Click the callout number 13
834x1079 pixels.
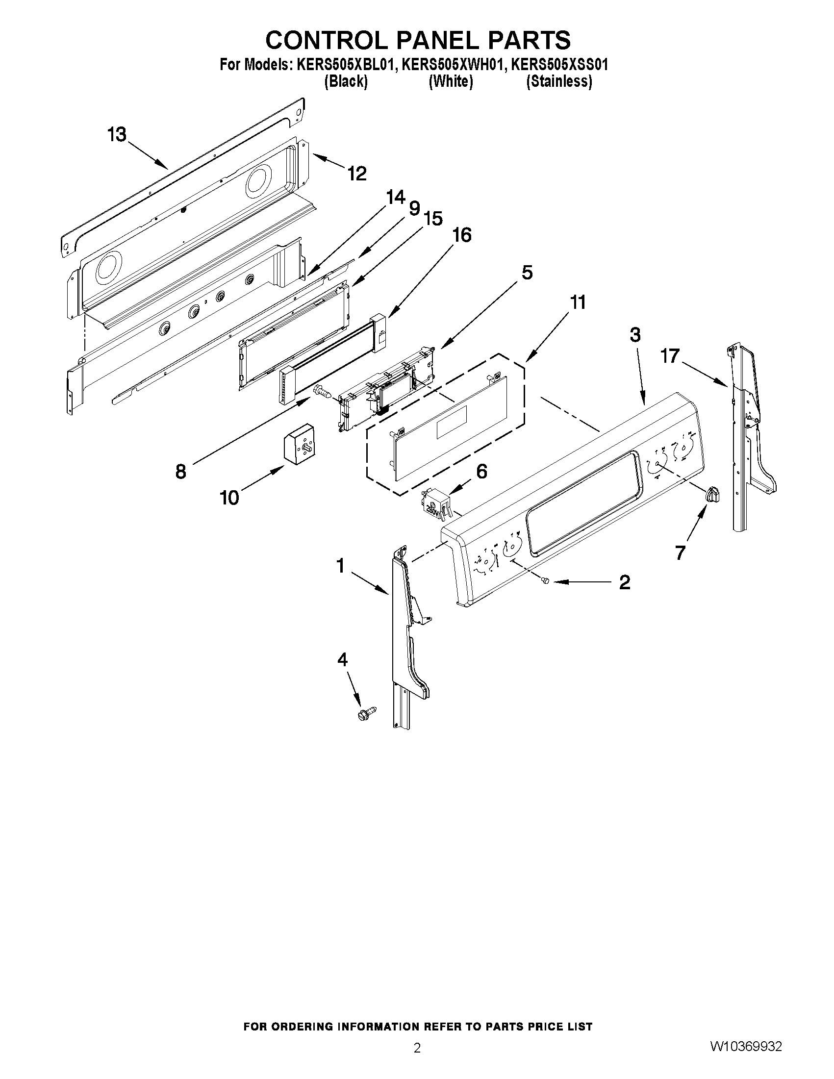(x=117, y=134)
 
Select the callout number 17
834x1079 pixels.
(x=670, y=356)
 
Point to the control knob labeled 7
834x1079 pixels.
(x=712, y=494)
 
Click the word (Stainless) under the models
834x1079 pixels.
(x=559, y=81)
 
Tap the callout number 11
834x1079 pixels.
(x=578, y=301)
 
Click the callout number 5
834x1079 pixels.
(x=527, y=272)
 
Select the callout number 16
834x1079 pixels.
(x=461, y=235)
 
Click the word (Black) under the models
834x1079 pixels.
(x=345, y=81)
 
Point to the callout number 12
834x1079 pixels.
(x=357, y=174)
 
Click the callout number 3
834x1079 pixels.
(x=635, y=335)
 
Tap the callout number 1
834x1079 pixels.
(x=340, y=566)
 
